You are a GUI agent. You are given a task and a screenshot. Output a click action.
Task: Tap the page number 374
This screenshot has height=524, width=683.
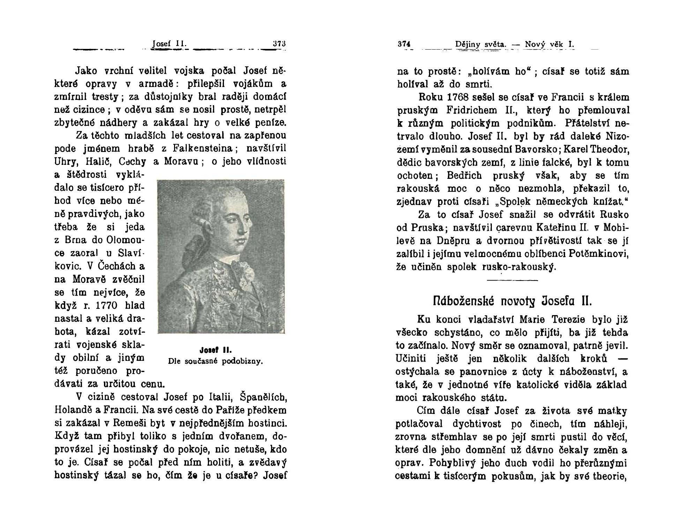405,44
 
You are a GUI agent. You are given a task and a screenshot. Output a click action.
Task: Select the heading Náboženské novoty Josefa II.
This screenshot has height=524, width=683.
510,301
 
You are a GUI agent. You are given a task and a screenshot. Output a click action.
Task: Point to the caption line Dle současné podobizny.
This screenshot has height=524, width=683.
215,361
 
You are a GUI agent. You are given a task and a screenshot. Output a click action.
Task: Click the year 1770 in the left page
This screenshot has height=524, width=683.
110,306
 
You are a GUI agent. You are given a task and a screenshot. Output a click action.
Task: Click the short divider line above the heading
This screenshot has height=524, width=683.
512,280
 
